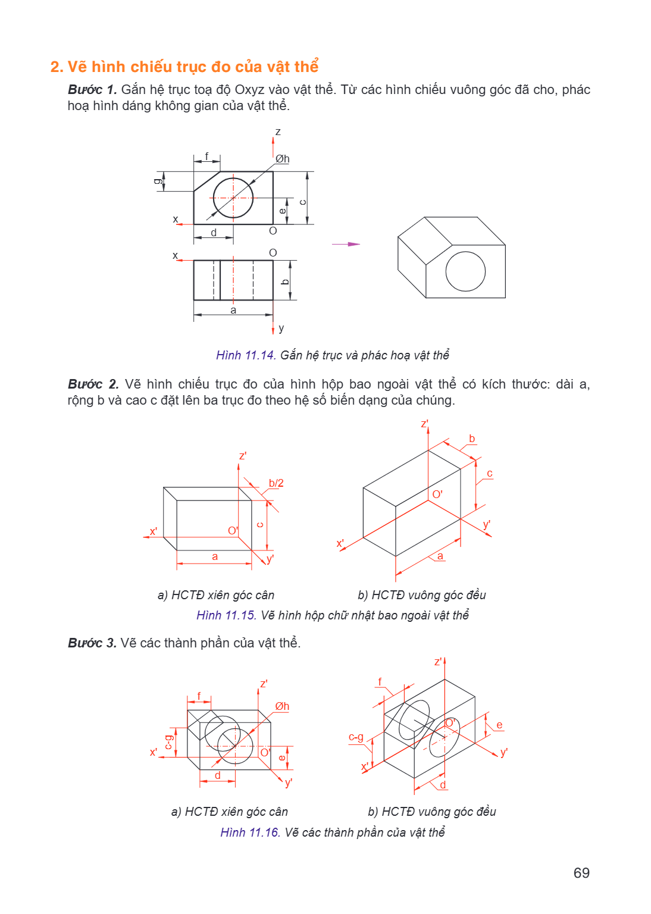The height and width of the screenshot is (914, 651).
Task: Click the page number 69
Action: (581, 873)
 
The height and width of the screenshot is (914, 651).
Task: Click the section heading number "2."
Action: (57, 67)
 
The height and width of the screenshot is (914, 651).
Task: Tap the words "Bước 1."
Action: (93, 89)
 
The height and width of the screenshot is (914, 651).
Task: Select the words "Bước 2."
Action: (93, 384)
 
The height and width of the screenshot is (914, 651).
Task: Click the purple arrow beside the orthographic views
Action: (346, 244)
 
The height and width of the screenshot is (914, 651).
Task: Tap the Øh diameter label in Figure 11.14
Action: (282, 159)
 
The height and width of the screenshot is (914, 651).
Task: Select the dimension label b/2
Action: (276, 483)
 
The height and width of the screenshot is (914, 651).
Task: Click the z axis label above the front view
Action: (278, 132)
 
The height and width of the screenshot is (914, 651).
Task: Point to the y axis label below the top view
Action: (281, 328)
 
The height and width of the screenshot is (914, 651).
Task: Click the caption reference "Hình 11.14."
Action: (246, 355)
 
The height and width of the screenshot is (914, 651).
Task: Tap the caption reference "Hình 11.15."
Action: (227, 615)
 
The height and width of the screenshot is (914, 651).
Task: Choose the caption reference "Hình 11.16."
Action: (251, 832)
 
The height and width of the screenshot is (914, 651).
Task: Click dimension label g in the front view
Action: (157, 181)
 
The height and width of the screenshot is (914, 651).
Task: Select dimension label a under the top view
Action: (233, 311)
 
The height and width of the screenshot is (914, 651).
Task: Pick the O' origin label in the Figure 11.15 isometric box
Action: (437, 494)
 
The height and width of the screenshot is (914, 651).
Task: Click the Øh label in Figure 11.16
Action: (282, 706)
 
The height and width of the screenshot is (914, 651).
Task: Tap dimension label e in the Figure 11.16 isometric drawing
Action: (499, 725)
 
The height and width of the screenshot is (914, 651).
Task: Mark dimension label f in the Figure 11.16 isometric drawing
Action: (380, 681)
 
